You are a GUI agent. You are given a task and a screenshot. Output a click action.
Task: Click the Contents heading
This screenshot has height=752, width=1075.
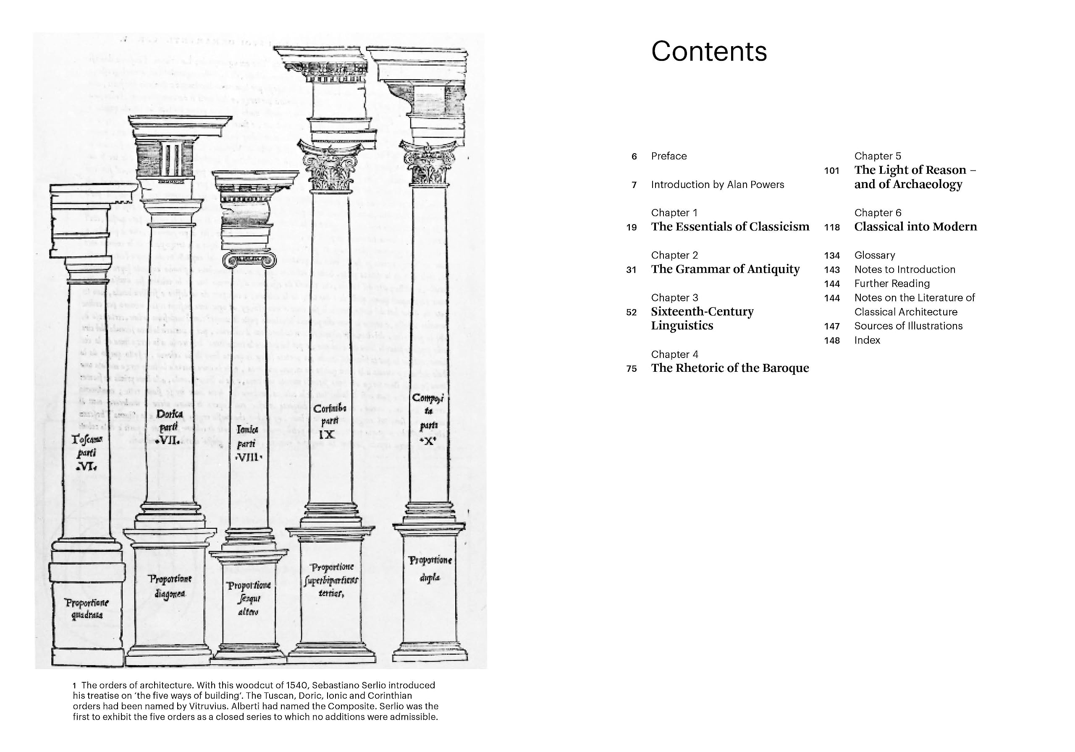[708, 52]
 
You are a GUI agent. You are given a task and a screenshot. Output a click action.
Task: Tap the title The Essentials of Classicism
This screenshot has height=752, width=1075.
[729, 227]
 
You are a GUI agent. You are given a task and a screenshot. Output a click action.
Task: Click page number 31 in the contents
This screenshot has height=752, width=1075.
[631, 270]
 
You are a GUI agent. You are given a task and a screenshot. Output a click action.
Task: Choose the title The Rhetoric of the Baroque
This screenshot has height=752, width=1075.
[729, 368]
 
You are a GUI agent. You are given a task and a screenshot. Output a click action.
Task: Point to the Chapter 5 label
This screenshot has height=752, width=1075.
[877, 156]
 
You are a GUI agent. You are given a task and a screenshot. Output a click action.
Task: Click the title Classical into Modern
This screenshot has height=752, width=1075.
[915, 227]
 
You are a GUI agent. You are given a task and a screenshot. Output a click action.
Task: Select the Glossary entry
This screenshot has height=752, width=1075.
[874, 256]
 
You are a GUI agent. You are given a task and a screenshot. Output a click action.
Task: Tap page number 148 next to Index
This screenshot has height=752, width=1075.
[831, 341]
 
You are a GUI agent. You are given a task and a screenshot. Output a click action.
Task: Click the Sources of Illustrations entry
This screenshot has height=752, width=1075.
[908, 326]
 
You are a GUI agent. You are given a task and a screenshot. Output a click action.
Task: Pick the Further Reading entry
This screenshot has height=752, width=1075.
[891, 284]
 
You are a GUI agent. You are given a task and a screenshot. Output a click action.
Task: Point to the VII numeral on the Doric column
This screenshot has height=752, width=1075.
[168, 441]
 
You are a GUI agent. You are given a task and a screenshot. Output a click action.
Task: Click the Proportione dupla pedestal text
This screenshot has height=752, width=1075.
[430, 569]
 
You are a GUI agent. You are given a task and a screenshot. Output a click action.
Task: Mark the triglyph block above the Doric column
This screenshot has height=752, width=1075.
[165, 158]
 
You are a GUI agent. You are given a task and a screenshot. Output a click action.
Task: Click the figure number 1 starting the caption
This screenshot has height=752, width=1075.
[75, 686]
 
